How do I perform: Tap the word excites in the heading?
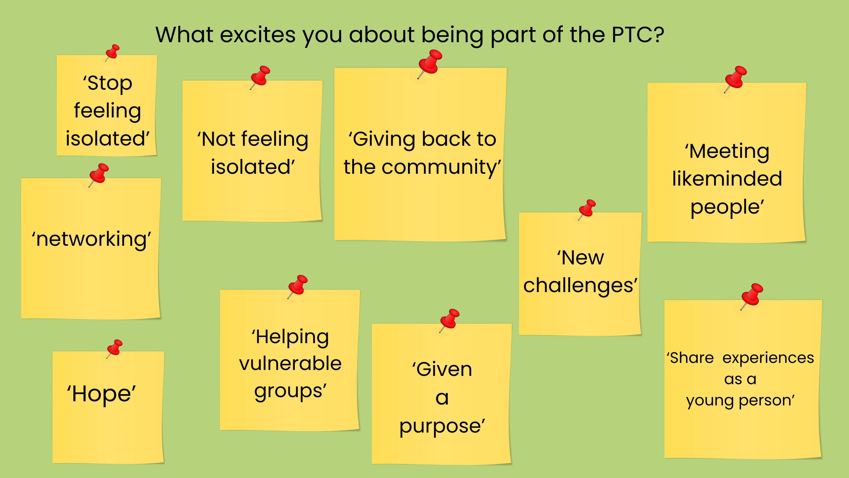(x=257, y=35)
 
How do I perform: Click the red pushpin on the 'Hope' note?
(x=114, y=348)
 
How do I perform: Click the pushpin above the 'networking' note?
(x=98, y=175)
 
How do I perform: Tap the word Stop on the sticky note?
(x=107, y=83)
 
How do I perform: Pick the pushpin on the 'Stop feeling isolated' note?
(x=112, y=53)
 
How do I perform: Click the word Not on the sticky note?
(x=216, y=139)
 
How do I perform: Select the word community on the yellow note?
(x=441, y=167)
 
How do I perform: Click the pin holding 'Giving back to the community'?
(x=430, y=64)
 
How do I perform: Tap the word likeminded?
(x=727, y=179)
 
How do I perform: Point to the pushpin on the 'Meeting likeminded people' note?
(x=735, y=79)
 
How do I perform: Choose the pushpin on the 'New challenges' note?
(x=587, y=209)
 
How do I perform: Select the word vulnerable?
(x=290, y=364)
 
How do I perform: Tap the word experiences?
(x=768, y=358)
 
